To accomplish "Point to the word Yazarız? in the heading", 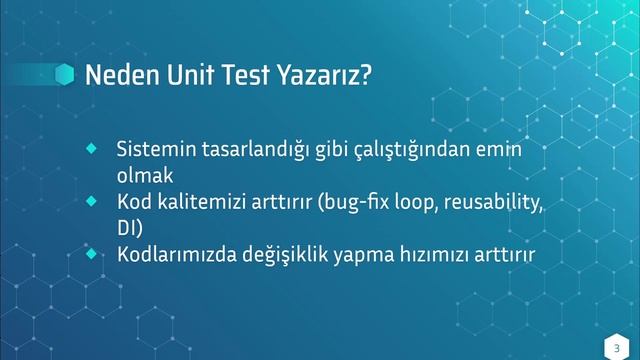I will coord(329,76).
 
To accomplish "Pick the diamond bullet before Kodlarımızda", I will coord(91,254).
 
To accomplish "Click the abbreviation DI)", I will coord(131,229).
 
